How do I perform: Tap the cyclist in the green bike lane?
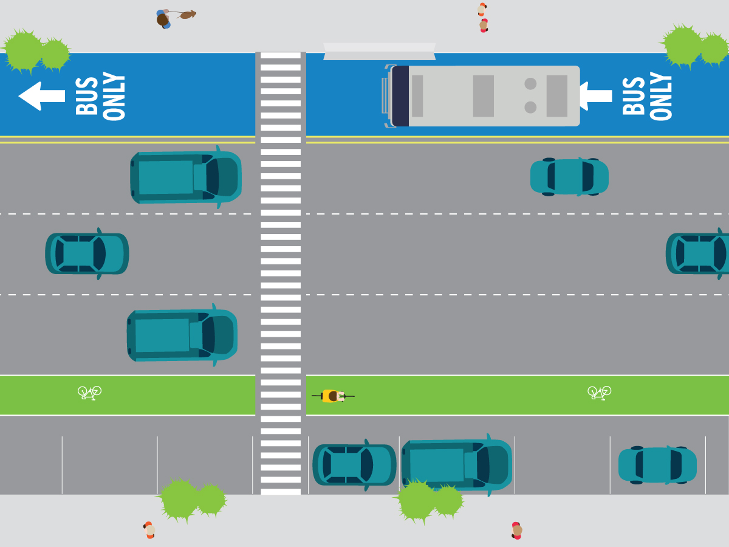pyautogui.click(x=332, y=396)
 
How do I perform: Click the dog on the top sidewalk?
pyautogui.click(x=187, y=15)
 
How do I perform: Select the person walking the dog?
pyautogui.click(x=163, y=19)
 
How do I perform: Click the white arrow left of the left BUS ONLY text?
pyautogui.click(x=41, y=96)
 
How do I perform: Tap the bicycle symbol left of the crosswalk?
pyautogui.click(x=89, y=393)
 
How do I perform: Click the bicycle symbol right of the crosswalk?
pyautogui.click(x=599, y=393)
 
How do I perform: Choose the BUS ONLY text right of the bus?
pyautogui.click(x=648, y=96)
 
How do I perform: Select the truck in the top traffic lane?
pyautogui.click(x=185, y=177)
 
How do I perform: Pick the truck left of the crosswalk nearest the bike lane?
pyautogui.click(x=182, y=335)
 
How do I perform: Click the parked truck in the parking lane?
pyautogui.click(x=456, y=465)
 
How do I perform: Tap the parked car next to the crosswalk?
pyautogui.click(x=354, y=465)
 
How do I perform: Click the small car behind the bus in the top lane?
pyautogui.click(x=569, y=177)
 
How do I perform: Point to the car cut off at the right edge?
pyautogui.click(x=699, y=253)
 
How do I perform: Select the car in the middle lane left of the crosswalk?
pyautogui.click(x=87, y=253)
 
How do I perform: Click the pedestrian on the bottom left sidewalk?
pyautogui.click(x=149, y=530)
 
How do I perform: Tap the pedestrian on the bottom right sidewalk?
pyautogui.click(x=517, y=531)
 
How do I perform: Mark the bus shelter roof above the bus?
pyautogui.click(x=379, y=51)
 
